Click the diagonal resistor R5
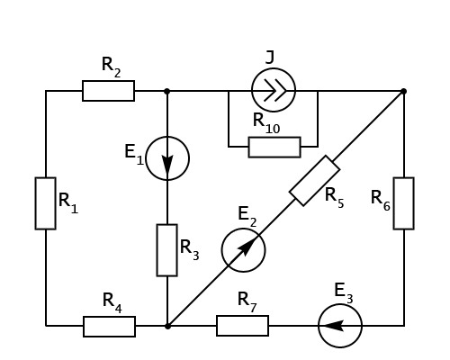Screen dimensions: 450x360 click(x=315, y=181)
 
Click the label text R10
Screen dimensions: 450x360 click(x=266, y=123)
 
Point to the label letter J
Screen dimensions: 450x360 click(x=270, y=58)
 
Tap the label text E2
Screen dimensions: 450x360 click(x=247, y=217)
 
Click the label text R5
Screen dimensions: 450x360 click(x=334, y=198)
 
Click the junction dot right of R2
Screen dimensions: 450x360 click(x=167, y=91)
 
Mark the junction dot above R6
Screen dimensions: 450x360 click(x=404, y=91)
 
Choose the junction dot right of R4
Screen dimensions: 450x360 click(x=167, y=326)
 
